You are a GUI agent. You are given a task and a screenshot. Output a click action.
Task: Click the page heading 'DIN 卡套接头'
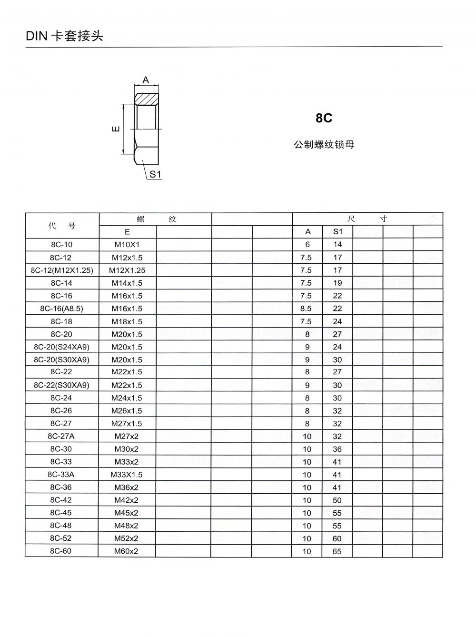[x=64, y=36]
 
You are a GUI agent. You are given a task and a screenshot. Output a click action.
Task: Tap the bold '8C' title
[x=324, y=118]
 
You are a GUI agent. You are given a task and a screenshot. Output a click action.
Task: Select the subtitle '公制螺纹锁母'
[x=324, y=144]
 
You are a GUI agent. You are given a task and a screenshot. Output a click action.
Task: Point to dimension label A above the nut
[x=146, y=80]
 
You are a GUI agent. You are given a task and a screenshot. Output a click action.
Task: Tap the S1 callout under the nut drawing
[x=156, y=175]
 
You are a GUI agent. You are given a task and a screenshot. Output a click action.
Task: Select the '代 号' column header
[x=62, y=226]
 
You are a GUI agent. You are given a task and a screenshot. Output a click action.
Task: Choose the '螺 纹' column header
[x=156, y=219]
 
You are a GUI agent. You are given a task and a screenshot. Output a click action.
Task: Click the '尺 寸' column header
[x=367, y=219]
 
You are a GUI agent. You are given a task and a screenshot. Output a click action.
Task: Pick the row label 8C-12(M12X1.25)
[x=62, y=270]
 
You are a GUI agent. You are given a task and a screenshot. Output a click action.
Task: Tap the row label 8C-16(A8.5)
[x=62, y=309]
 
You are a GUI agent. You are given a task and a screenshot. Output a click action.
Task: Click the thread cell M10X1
[x=127, y=245]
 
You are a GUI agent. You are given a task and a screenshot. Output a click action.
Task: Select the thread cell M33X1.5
[x=127, y=475]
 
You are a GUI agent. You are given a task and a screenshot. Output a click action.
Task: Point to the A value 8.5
[x=306, y=309]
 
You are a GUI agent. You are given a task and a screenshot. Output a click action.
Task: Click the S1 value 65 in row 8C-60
[x=337, y=551]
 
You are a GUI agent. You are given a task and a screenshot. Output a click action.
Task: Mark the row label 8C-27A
[x=61, y=436]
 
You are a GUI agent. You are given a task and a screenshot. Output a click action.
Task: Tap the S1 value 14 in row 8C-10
[x=337, y=245]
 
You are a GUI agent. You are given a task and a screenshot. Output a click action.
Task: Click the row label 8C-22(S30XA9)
[x=62, y=385]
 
